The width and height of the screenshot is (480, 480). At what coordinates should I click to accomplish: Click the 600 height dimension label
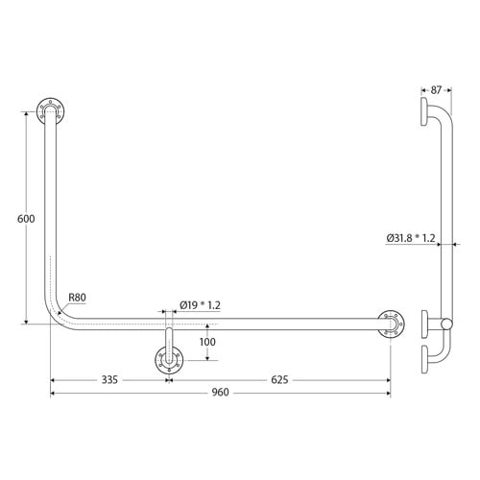point(26,219)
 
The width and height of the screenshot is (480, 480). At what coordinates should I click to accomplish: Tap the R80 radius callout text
point(78,298)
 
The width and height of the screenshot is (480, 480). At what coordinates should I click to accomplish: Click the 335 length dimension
point(108,380)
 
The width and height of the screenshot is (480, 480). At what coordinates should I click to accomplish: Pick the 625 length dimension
point(279,380)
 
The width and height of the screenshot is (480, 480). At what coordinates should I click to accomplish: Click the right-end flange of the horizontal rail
point(390,324)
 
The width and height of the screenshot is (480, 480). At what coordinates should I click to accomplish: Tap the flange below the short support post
point(169,364)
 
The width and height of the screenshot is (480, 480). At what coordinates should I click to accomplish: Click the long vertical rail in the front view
point(50,211)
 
